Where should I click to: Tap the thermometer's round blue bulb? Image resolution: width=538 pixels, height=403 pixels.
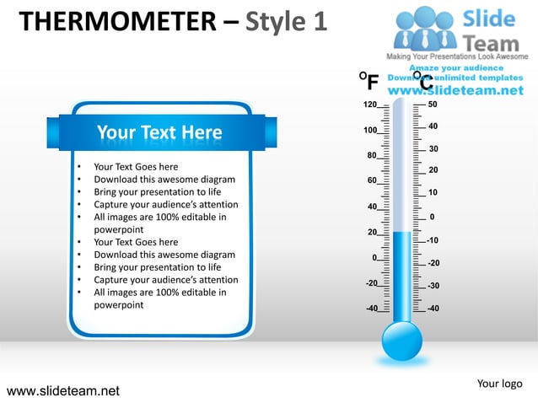401,341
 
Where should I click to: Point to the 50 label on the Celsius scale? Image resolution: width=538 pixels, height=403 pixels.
433,105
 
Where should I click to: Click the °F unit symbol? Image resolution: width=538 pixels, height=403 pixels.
369,82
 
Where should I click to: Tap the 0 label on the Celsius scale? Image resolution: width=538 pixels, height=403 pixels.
433,217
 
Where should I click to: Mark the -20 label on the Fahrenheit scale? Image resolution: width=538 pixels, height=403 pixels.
371,283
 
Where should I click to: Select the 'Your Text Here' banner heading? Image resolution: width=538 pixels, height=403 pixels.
159,132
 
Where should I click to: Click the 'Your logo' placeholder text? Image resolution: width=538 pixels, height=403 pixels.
499,384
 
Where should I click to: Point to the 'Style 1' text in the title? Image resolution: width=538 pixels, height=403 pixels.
285,21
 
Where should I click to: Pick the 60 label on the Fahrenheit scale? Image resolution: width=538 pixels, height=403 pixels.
372,180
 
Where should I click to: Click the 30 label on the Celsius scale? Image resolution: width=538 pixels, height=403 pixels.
433,148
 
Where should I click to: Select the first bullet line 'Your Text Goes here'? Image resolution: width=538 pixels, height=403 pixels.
136,167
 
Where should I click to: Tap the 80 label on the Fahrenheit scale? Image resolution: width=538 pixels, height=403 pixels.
372,156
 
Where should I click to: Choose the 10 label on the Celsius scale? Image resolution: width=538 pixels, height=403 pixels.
433,193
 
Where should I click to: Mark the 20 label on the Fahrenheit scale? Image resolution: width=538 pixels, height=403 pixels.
372,232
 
